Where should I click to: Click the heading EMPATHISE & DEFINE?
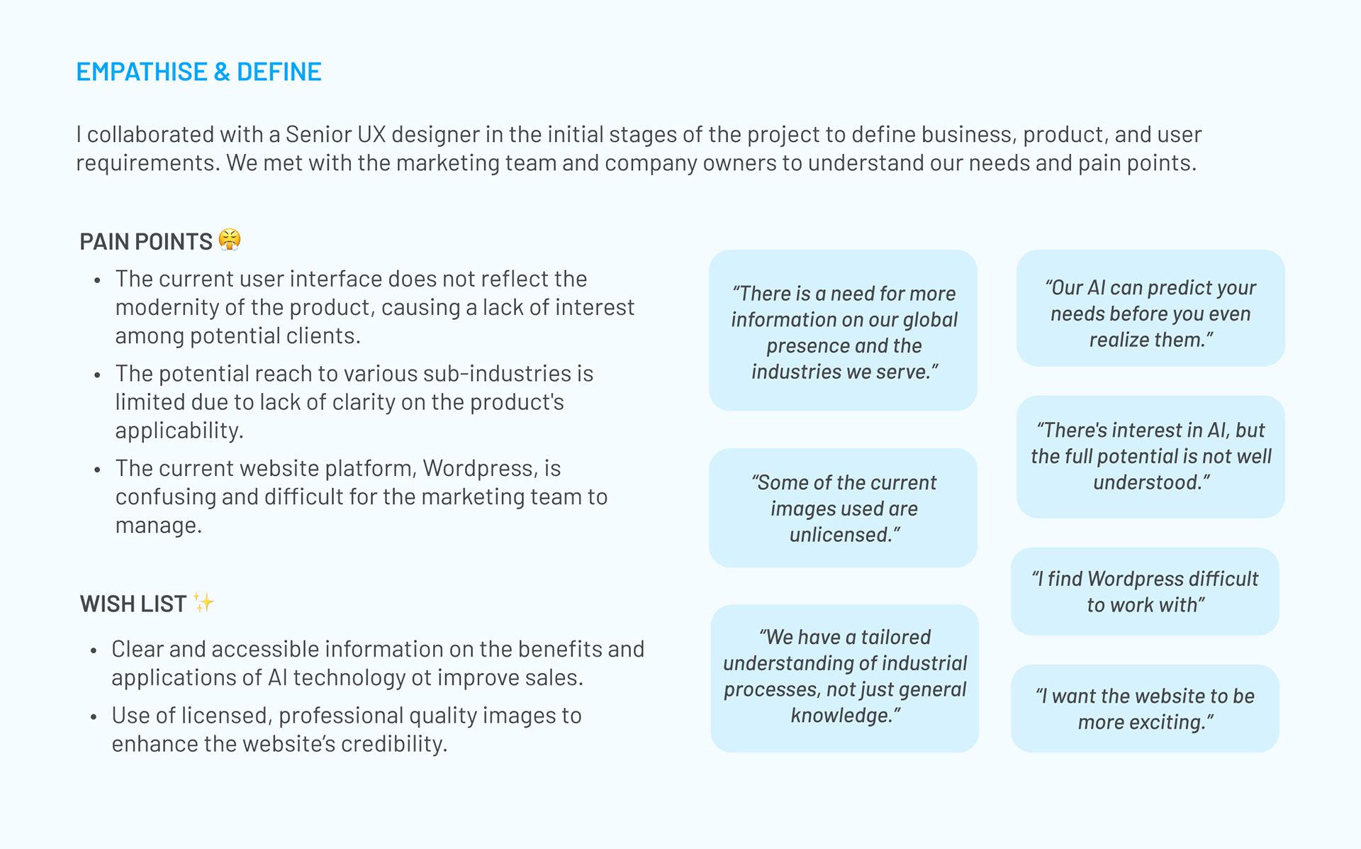click(x=198, y=72)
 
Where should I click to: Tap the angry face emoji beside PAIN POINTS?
click(x=230, y=240)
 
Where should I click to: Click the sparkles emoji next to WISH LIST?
click(x=203, y=603)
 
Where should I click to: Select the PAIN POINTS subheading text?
click(x=145, y=242)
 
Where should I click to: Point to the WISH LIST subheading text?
click(x=133, y=604)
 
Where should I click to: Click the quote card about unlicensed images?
click(x=843, y=508)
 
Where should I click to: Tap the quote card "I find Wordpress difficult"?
click(x=1145, y=592)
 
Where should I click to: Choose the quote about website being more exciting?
click(x=1145, y=709)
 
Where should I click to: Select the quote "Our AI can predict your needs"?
click(x=1150, y=309)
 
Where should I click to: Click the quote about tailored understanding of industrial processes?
click(x=844, y=678)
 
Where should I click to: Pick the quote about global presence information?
click(x=843, y=331)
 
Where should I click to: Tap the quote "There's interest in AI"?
click(x=1150, y=457)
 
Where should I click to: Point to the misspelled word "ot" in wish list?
click(x=421, y=678)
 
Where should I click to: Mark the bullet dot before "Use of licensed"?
click(x=94, y=717)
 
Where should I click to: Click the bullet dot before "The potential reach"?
click(x=97, y=375)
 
